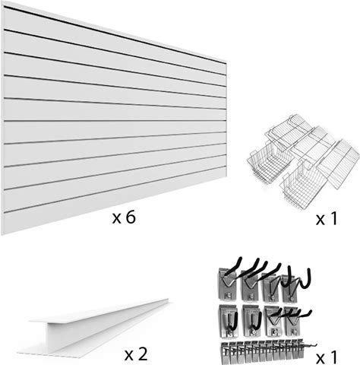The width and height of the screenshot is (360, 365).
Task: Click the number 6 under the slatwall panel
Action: point(131,217)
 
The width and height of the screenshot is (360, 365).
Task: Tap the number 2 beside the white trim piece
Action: point(143,354)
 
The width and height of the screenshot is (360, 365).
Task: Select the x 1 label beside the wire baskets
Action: point(327,219)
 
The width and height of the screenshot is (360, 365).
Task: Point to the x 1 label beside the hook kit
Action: point(327,357)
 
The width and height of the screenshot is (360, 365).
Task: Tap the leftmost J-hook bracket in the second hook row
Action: point(229,321)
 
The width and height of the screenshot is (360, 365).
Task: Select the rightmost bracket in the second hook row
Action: point(295,320)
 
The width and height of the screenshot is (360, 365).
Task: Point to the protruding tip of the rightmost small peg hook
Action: point(316,344)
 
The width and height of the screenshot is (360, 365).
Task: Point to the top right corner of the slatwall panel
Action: point(226,62)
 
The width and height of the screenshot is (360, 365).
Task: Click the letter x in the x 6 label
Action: point(116,219)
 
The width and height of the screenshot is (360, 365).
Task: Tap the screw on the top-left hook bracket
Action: point(229,294)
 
